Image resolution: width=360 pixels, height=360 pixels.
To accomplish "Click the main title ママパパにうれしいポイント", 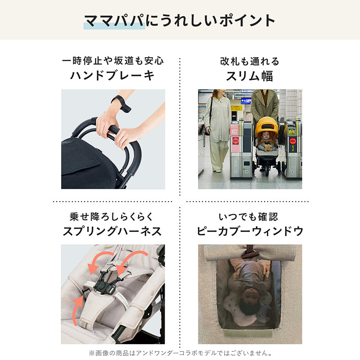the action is [x=180, y=21].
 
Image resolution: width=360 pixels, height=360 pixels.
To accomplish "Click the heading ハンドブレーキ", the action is [x=112, y=76].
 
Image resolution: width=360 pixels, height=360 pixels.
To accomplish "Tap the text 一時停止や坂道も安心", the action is [x=113, y=61].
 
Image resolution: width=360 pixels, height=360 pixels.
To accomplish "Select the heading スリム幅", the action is [x=250, y=76].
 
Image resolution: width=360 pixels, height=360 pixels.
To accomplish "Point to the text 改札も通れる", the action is [x=250, y=61].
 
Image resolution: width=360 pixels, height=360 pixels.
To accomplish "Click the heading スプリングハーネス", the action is [x=112, y=231].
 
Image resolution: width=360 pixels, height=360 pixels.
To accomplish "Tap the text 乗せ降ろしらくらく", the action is [x=112, y=217].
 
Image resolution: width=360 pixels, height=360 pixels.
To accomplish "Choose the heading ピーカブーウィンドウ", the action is [x=250, y=231].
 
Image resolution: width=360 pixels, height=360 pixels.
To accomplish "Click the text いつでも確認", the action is [x=248, y=217].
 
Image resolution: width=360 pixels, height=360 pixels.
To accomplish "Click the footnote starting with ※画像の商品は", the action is [x=181, y=353].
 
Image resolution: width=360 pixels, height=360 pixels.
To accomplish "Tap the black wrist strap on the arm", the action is [x=121, y=103].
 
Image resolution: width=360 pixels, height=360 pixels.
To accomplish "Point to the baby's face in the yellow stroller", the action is [x=266, y=136].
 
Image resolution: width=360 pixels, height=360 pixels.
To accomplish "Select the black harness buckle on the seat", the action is [x=103, y=286].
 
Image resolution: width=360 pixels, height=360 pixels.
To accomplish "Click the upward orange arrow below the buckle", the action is [x=78, y=310].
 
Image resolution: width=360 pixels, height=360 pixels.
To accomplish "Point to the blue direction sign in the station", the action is [x=246, y=101].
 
